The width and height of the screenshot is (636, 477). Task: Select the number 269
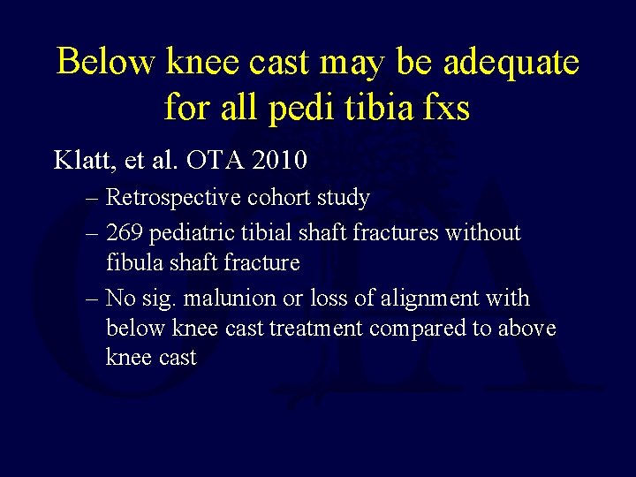(x=126, y=233)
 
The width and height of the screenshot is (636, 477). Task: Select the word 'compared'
(x=422, y=329)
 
